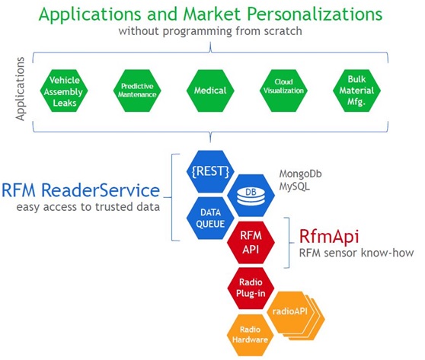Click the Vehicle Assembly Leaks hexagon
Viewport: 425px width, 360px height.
[64, 91]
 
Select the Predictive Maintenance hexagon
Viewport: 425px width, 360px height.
[137, 91]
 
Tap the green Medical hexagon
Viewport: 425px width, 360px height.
[210, 91]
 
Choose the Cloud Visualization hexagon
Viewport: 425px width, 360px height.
[283, 91]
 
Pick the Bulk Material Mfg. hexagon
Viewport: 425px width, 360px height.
[356, 91]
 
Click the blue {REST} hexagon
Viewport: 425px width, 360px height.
[210, 171]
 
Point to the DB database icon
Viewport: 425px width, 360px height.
[251, 196]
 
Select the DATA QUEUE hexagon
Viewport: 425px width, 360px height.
[210, 218]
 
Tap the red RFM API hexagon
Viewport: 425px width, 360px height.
[251, 243]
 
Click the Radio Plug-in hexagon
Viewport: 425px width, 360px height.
[251, 288]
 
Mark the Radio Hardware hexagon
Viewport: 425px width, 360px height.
[250, 335]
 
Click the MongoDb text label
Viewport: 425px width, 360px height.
[300, 174]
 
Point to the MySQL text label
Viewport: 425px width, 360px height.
[294, 186]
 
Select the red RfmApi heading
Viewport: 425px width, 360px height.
[329, 237]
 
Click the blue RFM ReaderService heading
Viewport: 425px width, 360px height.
[81, 190]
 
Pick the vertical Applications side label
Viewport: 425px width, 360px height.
[20, 89]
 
